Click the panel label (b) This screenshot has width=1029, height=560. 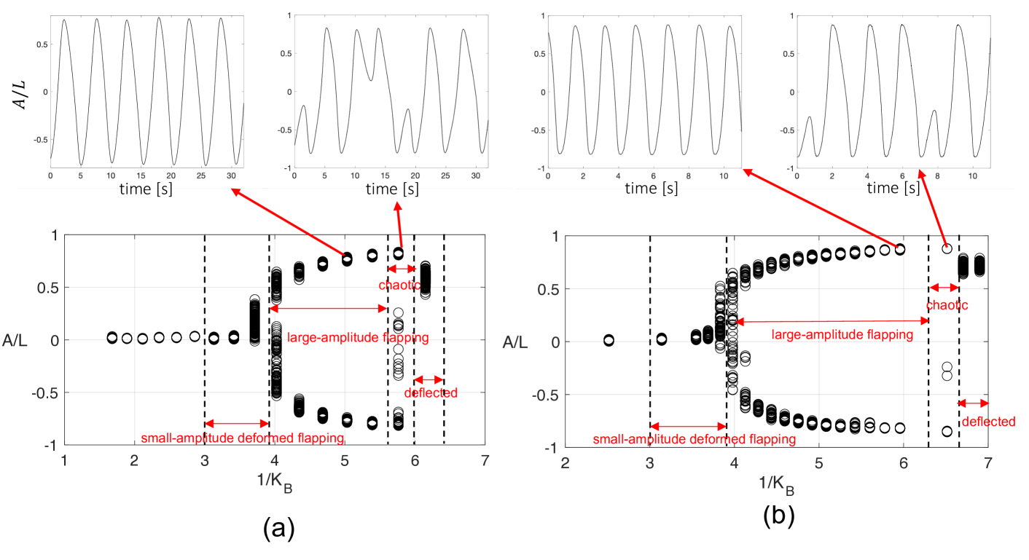tap(779, 516)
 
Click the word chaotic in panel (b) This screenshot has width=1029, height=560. tap(947, 306)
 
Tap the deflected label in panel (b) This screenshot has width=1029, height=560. tap(988, 422)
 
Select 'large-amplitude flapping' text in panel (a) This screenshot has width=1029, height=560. tap(357, 338)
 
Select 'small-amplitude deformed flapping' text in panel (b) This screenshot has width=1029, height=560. tap(692, 440)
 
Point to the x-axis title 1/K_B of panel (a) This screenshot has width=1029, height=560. tap(275, 485)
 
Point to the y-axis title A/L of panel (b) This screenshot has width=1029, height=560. tap(515, 341)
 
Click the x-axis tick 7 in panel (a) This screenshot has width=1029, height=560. tap(485, 460)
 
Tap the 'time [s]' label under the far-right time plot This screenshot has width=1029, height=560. tap(892, 189)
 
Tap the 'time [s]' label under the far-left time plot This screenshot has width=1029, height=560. tap(146, 190)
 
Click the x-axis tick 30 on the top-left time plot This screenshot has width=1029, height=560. tap(231, 176)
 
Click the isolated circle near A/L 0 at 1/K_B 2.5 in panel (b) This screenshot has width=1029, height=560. tap(609, 340)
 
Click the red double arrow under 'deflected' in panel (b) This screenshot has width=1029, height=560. tap(974, 403)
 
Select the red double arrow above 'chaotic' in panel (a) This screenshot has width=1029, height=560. tap(401, 269)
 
